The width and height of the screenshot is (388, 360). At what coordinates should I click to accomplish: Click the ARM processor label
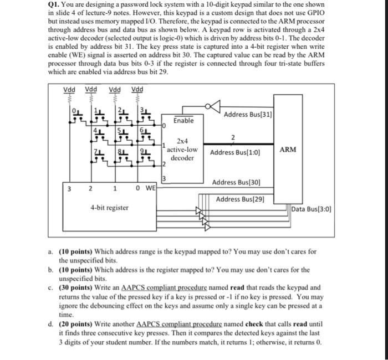(288, 150)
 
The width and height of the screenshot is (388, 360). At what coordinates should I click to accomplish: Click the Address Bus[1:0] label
(235, 152)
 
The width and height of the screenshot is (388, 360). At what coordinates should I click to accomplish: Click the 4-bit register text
(109, 208)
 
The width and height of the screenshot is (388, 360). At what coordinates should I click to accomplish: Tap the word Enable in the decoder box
(183, 120)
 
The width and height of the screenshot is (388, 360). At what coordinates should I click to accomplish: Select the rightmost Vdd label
(137, 90)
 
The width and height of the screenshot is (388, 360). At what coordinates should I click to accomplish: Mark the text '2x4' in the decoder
(182, 142)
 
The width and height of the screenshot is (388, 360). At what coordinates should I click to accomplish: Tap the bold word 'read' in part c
(238, 287)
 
